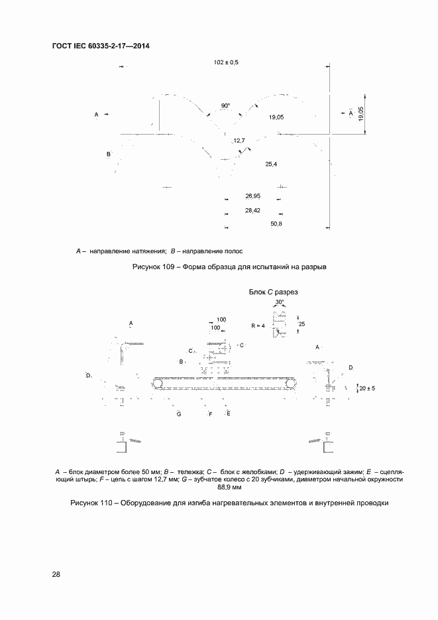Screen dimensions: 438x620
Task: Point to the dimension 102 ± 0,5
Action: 226,62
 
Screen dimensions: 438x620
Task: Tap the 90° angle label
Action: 226,105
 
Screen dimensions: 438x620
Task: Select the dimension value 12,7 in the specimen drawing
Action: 239,141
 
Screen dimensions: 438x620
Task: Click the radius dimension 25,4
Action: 271,163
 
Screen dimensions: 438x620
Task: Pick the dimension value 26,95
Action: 252,196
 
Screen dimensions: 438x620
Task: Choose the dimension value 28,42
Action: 252,211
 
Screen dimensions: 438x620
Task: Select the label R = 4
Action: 258,326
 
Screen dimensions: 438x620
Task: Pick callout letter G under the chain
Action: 179,414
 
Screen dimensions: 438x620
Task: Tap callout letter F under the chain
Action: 210,414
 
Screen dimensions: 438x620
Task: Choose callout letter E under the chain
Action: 228,414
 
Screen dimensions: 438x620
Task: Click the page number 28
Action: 56,574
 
